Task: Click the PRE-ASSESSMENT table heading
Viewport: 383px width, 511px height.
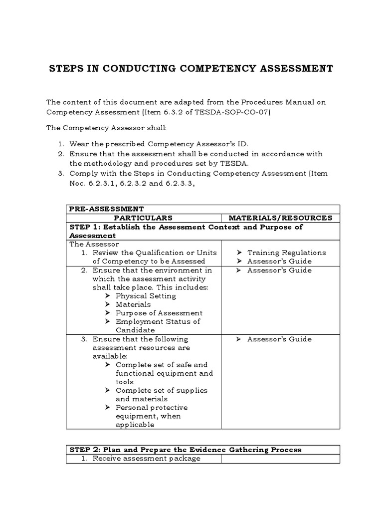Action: click(x=106, y=209)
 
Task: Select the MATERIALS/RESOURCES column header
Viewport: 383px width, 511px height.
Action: click(x=280, y=218)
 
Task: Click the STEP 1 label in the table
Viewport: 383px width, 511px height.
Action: click(x=85, y=227)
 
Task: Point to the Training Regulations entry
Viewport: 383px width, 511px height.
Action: click(x=286, y=253)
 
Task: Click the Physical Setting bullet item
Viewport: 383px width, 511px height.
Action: click(x=146, y=296)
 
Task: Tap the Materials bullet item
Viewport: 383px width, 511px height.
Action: click(x=133, y=304)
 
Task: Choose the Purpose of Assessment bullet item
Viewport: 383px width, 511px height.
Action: click(x=159, y=313)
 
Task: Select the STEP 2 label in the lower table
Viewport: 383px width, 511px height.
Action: click(x=85, y=450)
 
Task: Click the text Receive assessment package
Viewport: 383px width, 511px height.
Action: click(x=146, y=459)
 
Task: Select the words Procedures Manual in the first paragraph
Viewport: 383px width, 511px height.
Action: click(x=283, y=102)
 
